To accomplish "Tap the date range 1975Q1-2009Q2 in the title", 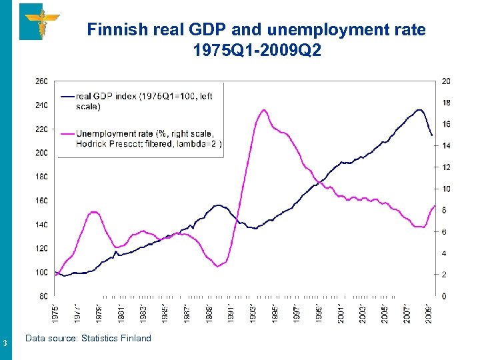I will click(257, 51).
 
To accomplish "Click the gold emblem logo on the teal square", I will click(40, 21).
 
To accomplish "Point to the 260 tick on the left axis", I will click(41, 81).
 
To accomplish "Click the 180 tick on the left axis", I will click(41, 177).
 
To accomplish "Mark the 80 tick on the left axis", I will click(43, 296).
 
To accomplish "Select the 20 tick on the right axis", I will click(446, 81).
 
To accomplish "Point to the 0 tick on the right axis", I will click(445, 296).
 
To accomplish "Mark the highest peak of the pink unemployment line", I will click(265, 110).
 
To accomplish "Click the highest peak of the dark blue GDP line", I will click(419, 110).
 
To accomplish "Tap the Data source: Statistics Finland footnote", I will click(88, 339).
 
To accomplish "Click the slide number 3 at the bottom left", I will click(5, 344).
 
